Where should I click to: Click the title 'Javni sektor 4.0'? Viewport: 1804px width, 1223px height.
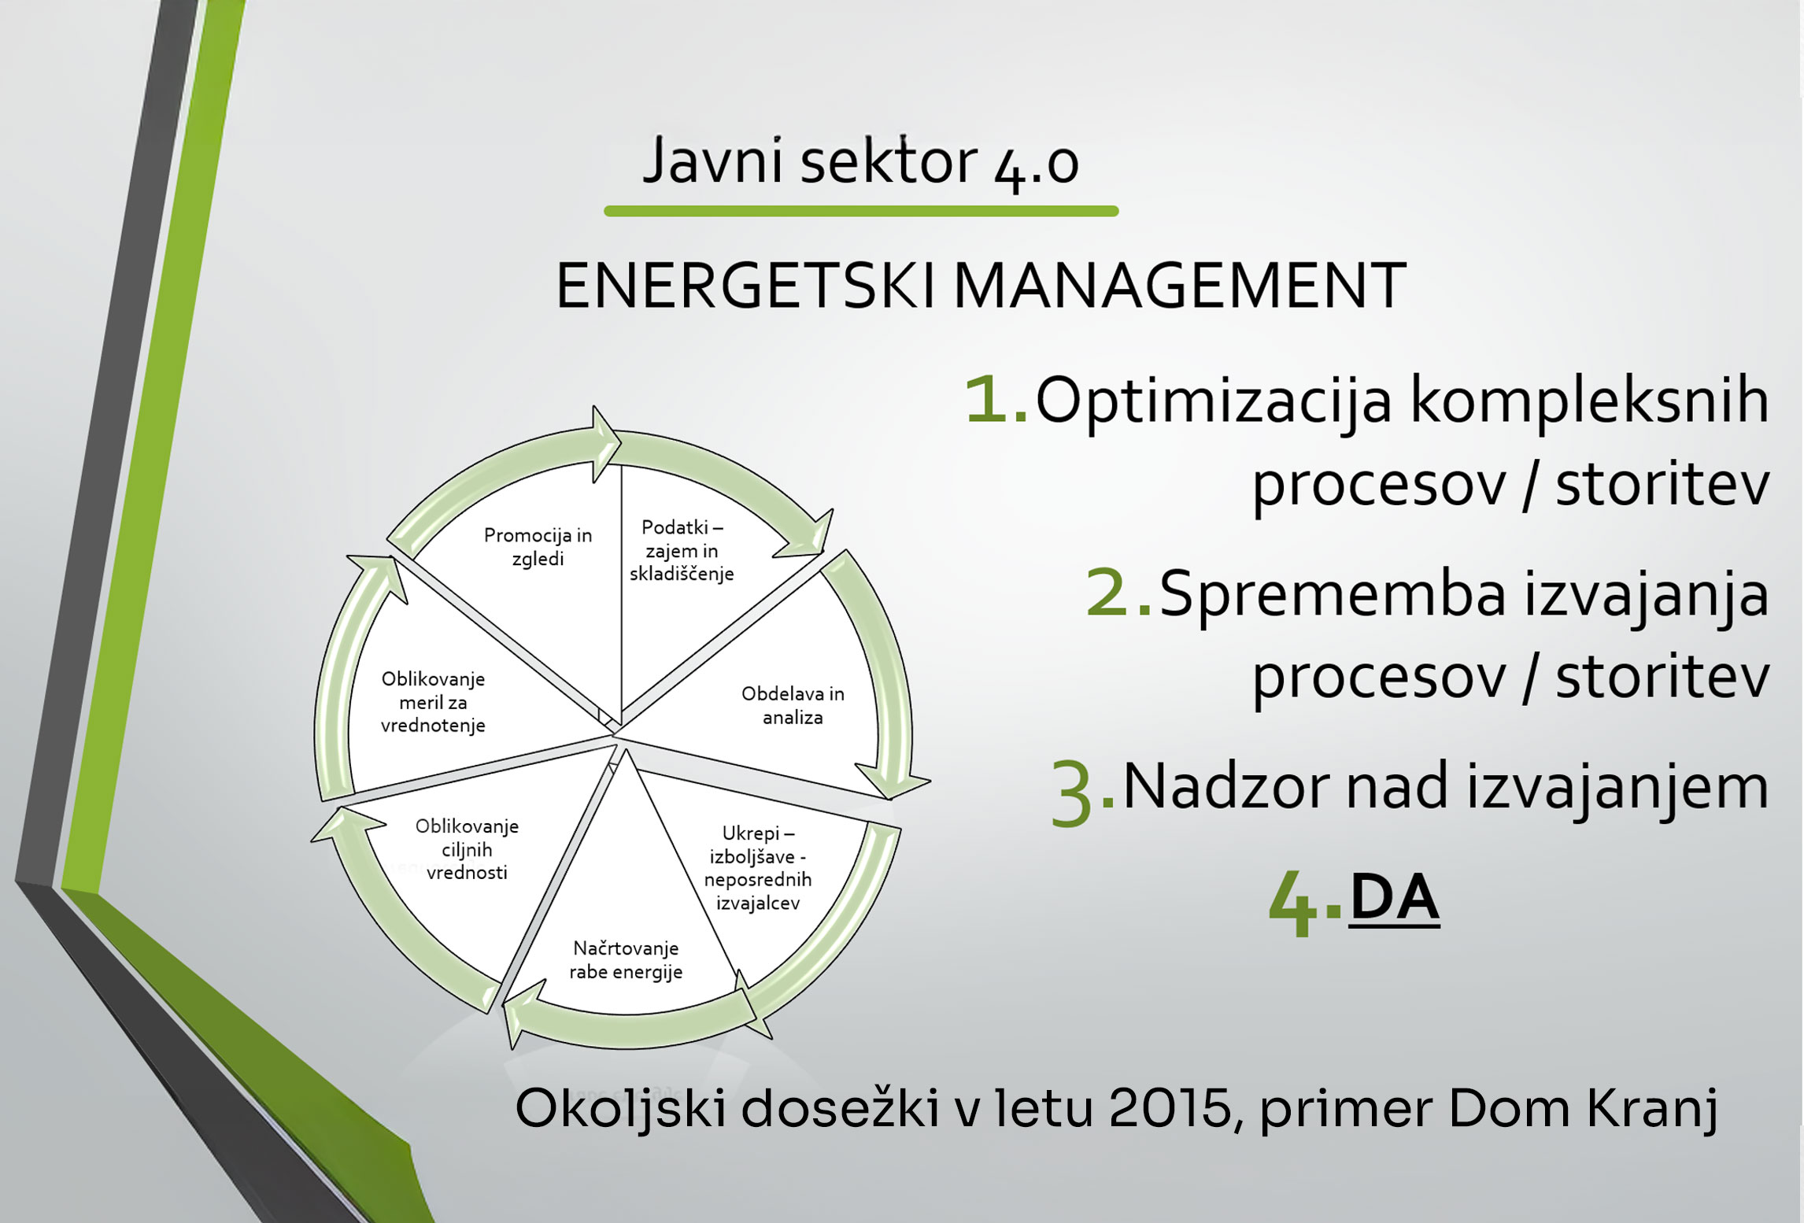(x=861, y=162)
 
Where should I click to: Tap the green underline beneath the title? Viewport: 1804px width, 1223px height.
(x=861, y=211)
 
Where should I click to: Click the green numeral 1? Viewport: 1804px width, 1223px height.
(x=995, y=400)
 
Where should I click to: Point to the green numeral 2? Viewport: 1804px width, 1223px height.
(x=1118, y=593)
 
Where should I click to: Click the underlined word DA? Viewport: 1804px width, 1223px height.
(x=1394, y=898)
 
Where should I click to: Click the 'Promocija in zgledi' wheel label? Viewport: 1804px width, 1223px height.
(x=538, y=546)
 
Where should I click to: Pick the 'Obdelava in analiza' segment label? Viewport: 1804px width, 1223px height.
(x=793, y=705)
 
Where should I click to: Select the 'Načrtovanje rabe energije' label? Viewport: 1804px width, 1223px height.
(x=626, y=960)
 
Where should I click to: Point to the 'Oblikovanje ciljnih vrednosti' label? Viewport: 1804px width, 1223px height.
(x=467, y=849)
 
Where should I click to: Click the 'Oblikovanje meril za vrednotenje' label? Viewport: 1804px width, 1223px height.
(x=433, y=702)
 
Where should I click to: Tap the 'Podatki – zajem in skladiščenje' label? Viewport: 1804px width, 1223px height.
(x=682, y=550)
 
